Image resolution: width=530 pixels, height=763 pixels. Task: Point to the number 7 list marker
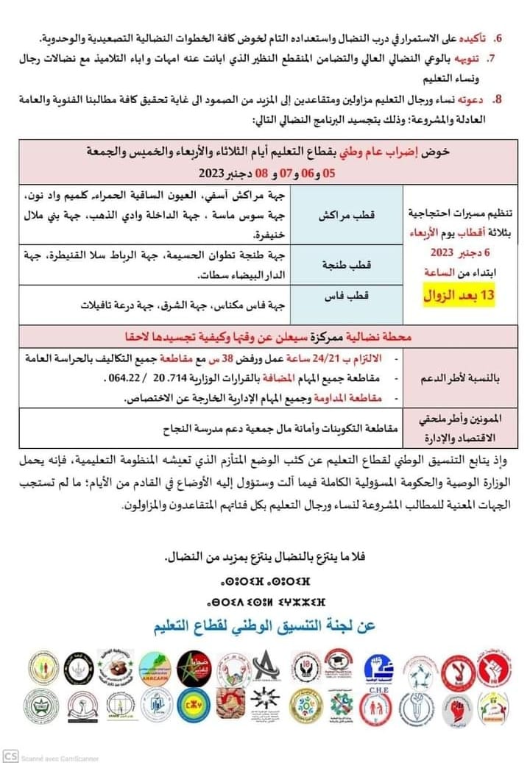point(498,57)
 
